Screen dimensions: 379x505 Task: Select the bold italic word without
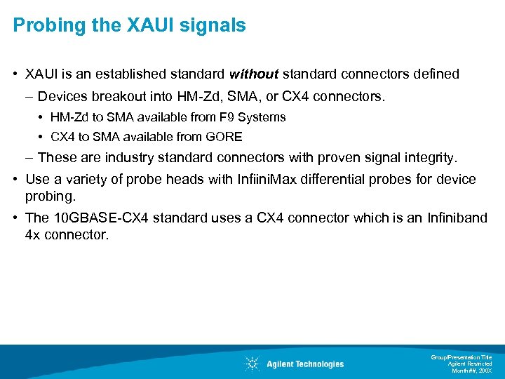pyautogui.click(x=253, y=74)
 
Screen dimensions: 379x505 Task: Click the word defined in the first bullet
pyautogui.click(x=436, y=74)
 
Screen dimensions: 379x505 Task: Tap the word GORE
pyautogui.click(x=225, y=137)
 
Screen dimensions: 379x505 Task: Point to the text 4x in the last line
pyautogui.click(x=32, y=234)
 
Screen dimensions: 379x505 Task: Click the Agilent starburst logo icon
pyautogui.click(x=252, y=364)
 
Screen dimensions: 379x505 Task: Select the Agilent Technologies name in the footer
pyautogui.click(x=305, y=364)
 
